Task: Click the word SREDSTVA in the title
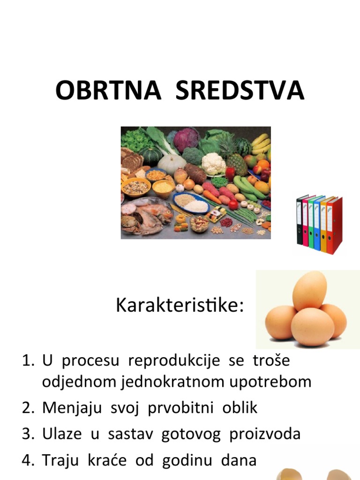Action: tap(240, 90)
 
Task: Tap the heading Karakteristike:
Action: tap(180, 306)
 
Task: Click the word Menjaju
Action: tap(73, 408)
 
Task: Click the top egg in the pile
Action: tap(309, 291)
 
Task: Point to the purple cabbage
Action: tap(187, 139)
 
